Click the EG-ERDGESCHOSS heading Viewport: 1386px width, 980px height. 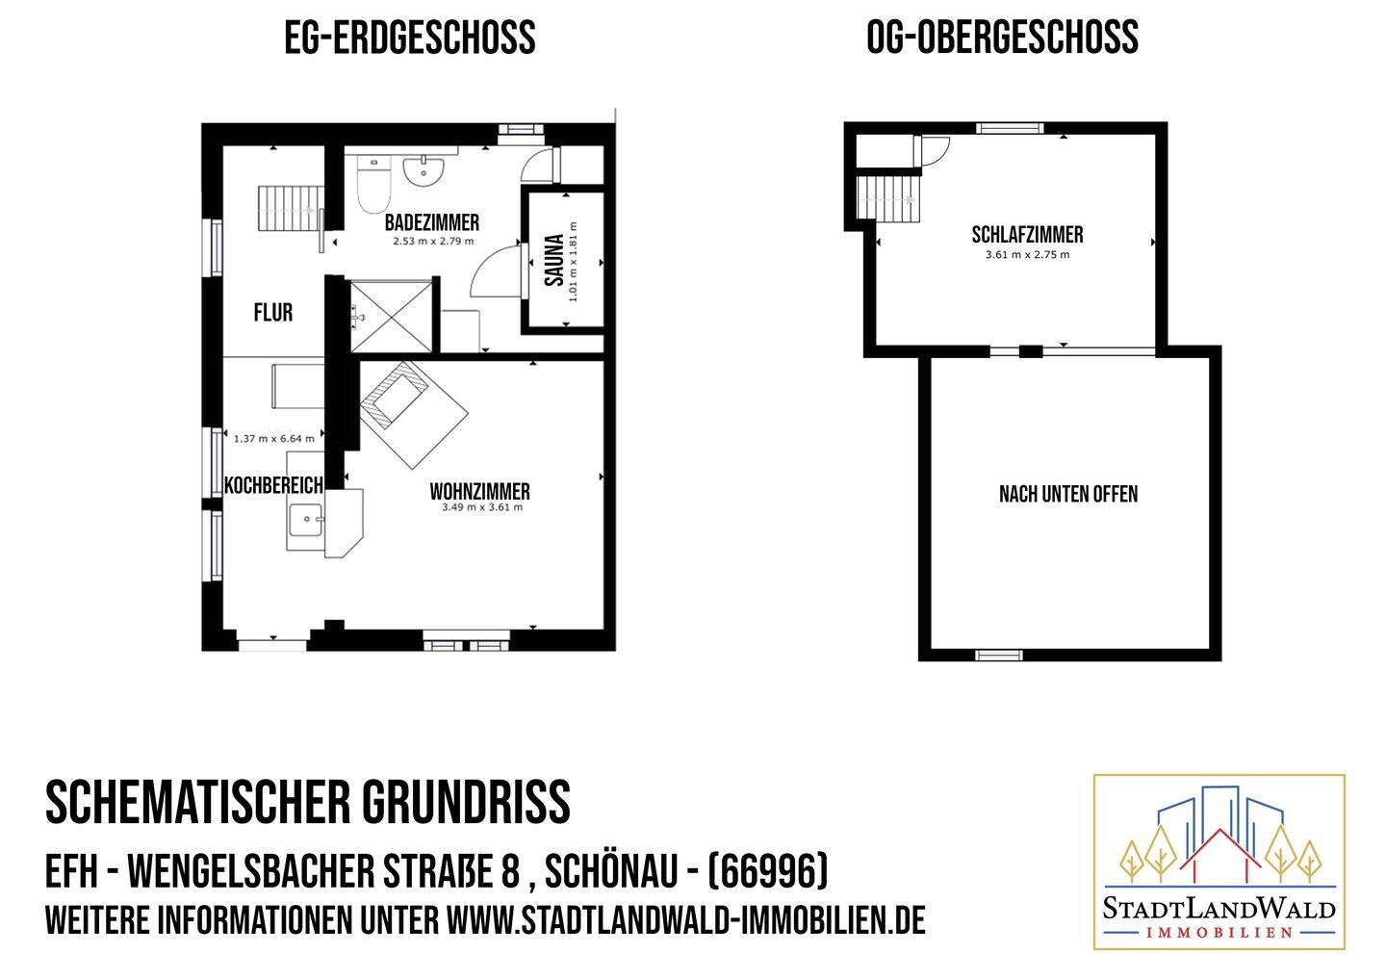(409, 39)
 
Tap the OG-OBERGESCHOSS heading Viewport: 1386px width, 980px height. (1002, 39)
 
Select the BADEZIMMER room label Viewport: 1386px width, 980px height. (431, 223)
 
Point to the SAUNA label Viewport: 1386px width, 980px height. (553, 260)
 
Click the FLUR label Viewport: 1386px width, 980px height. (272, 313)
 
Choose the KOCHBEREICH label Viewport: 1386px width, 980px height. (273, 484)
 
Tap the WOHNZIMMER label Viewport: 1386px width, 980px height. (479, 492)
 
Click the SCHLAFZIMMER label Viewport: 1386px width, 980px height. (1027, 235)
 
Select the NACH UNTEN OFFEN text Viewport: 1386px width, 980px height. (1068, 495)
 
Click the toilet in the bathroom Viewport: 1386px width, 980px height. (372, 184)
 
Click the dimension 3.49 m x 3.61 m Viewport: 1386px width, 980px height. (481, 508)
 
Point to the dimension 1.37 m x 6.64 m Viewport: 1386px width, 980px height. (273, 439)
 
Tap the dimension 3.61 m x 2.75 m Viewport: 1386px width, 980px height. (1027, 255)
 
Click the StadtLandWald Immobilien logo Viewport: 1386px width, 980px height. (1219, 861)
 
